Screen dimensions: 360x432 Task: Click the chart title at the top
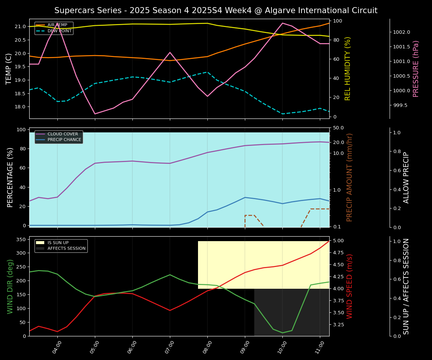[216, 10]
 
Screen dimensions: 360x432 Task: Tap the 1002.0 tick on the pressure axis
[401, 32]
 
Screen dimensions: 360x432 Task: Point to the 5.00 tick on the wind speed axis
[339, 241]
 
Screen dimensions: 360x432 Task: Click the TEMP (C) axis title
[9, 69]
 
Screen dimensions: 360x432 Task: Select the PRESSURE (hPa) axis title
[416, 69]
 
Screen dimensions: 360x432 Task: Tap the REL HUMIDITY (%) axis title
[348, 69]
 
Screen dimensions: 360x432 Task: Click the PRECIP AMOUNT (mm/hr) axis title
[349, 177]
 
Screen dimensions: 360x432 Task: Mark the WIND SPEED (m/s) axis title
[349, 286]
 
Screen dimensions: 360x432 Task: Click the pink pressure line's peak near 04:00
[57, 23]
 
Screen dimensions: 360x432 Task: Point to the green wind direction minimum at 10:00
[282, 333]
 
